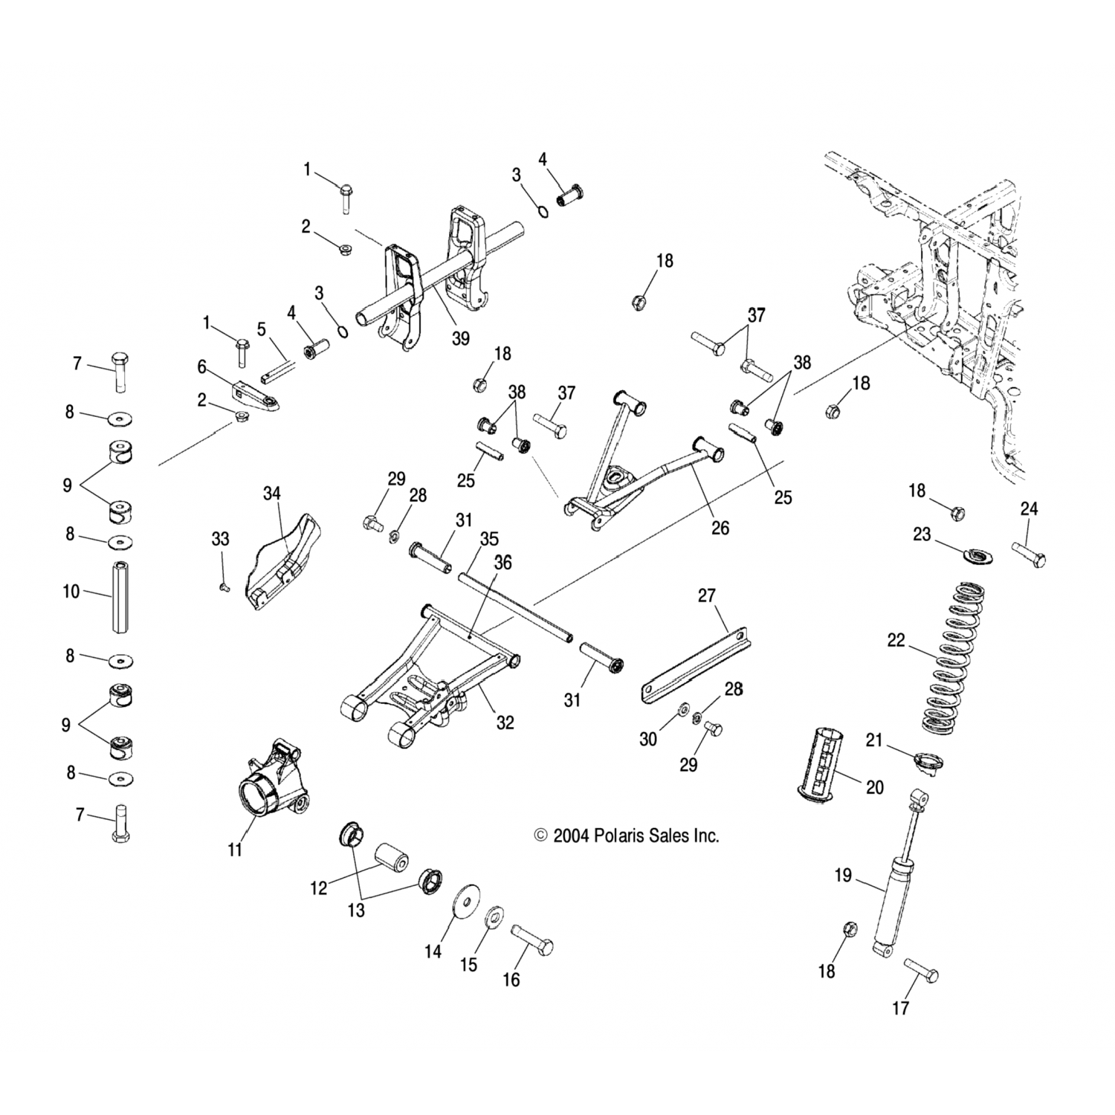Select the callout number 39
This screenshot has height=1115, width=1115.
click(x=461, y=338)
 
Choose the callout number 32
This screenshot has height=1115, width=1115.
click(x=505, y=722)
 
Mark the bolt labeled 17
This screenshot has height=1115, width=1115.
click(x=921, y=969)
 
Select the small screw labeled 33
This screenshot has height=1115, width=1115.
click(x=223, y=587)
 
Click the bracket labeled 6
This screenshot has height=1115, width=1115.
click(x=256, y=393)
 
